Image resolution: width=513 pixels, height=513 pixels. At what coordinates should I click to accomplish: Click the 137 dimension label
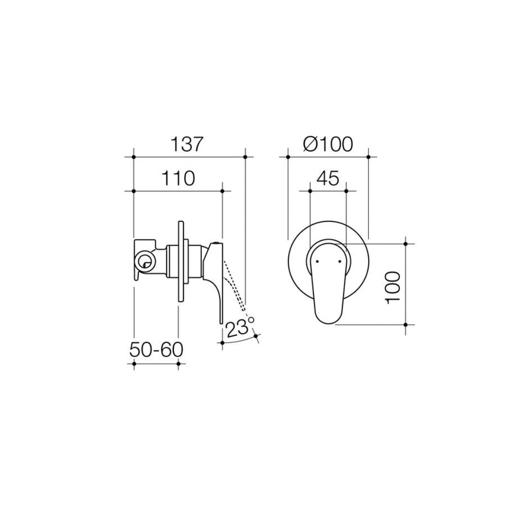189,145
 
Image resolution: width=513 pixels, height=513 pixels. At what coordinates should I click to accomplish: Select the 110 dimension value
178,178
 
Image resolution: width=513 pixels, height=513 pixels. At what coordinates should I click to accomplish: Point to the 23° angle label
240,328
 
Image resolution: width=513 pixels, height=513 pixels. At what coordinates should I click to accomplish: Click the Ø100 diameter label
328,145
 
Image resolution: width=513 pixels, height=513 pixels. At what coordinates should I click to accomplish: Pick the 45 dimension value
328,178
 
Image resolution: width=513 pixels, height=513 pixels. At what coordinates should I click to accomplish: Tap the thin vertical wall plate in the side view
179,260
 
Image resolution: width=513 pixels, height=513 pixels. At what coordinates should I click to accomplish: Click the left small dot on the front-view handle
317,261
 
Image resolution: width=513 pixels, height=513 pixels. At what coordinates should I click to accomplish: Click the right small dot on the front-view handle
341,261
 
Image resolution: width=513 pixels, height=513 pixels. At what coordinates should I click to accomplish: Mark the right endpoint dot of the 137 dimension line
245,157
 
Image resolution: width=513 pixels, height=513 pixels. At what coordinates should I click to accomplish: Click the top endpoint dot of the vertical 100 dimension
406,243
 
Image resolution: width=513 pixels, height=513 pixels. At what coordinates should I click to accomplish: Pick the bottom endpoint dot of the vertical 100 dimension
406,325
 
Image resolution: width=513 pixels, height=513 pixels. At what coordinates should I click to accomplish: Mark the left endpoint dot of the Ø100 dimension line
288,157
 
